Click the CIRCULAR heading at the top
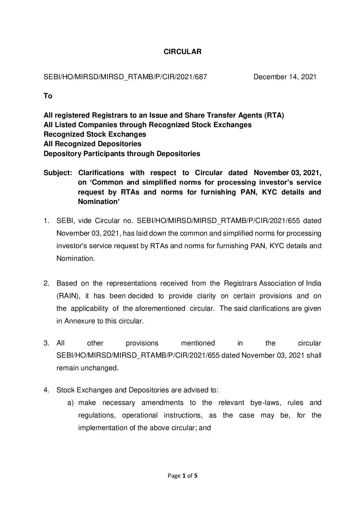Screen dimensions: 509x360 tap(182, 52)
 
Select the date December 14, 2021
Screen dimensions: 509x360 tap(285, 77)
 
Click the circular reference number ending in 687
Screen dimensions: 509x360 tap(125, 77)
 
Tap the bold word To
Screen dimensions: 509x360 tap(48, 96)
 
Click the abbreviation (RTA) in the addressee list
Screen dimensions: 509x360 tap(274, 115)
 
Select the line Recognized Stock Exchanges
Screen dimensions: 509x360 tap(95, 134)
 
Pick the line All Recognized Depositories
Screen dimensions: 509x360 tap(93, 144)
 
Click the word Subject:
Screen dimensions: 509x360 tap(58, 173)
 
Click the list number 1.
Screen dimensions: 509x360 tap(47, 221)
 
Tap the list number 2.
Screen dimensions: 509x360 tap(47, 284)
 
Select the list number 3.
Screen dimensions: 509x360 tap(47, 343)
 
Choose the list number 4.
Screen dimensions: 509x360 tap(47, 390)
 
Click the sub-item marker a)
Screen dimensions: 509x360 tap(70, 403)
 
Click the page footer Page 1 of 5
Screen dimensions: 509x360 tap(183, 476)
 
